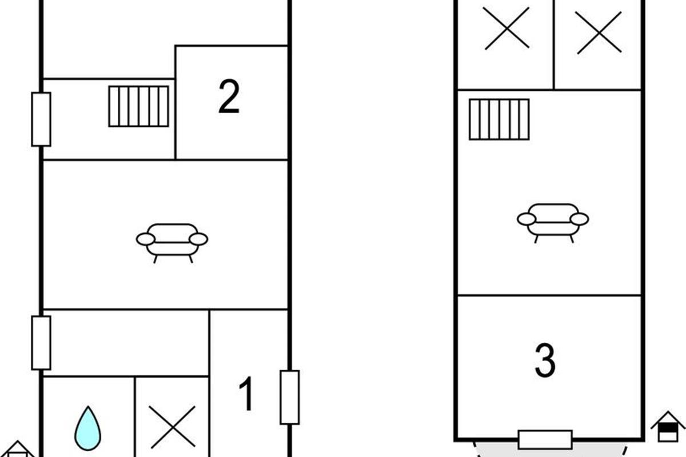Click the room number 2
(229, 96)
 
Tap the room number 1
(246, 394)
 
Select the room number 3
(545, 360)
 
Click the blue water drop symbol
(88, 428)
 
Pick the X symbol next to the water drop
(173, 427)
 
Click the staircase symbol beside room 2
(139, 106)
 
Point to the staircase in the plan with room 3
(499, 119)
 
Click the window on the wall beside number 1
(290, 398)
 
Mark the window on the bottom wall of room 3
(545, 439)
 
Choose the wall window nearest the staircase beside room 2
(41, 119)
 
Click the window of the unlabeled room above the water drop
(41, 343)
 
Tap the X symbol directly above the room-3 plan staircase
(507, 28)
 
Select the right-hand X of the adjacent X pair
(599, 33)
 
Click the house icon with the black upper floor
(668, 426)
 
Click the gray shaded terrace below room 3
(550, 450)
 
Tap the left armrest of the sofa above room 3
(527, 219)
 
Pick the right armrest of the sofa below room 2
(198, 239)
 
